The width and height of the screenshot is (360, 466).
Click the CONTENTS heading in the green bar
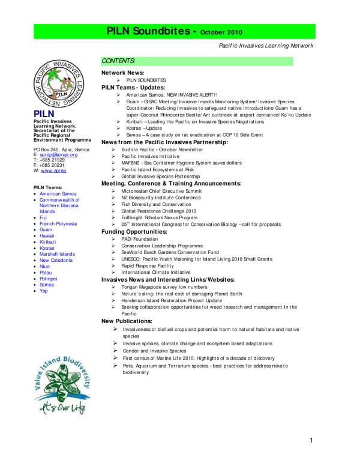118,62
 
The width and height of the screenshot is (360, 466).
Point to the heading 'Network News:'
122,72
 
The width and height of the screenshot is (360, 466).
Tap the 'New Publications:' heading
127,321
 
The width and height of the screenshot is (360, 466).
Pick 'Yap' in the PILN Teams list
43,290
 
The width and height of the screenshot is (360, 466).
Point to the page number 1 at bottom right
312,443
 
